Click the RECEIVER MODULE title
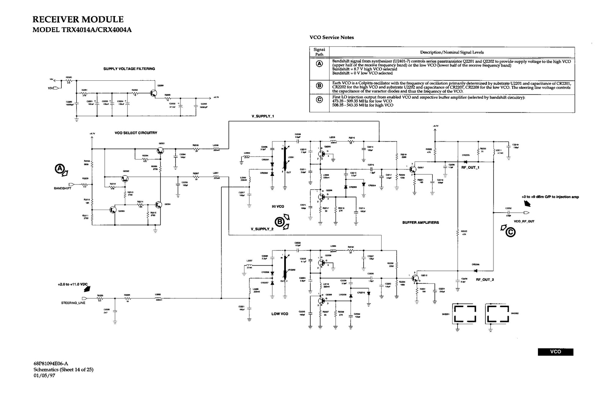pos(78,20)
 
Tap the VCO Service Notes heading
pos(331,37)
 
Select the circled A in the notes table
pos(319,64)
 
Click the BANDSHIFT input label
pos(62,188)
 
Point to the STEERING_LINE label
pos(73,303)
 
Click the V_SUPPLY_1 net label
pos(262,116)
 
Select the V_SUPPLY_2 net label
pos(262,229)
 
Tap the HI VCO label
pos(278,207)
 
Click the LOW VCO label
pos(280,314)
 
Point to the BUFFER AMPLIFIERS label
pos(420,223)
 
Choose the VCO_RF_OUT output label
pos(524,221)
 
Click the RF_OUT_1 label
pos(470,168)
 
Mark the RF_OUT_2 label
pos(485,280)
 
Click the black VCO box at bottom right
pos(555,352)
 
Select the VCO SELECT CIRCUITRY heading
pos(136,133)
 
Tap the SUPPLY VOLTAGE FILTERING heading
pos(129,69)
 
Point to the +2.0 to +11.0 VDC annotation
pos(72,285)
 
